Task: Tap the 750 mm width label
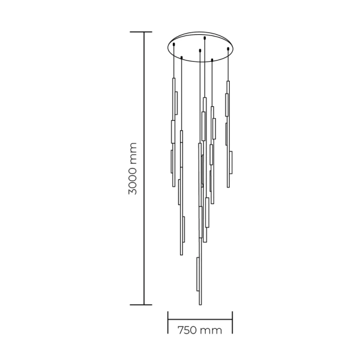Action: point(200,331)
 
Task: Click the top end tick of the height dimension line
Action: point(144,32)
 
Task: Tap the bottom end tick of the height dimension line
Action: point(144,304)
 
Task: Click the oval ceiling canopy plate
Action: point(200,47)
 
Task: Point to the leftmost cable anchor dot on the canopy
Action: point(173,44)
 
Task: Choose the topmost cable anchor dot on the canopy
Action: point(205,38)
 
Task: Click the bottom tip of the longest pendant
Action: point(199,304)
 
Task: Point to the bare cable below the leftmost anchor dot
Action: point(173,60)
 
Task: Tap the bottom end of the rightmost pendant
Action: point(228,187)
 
